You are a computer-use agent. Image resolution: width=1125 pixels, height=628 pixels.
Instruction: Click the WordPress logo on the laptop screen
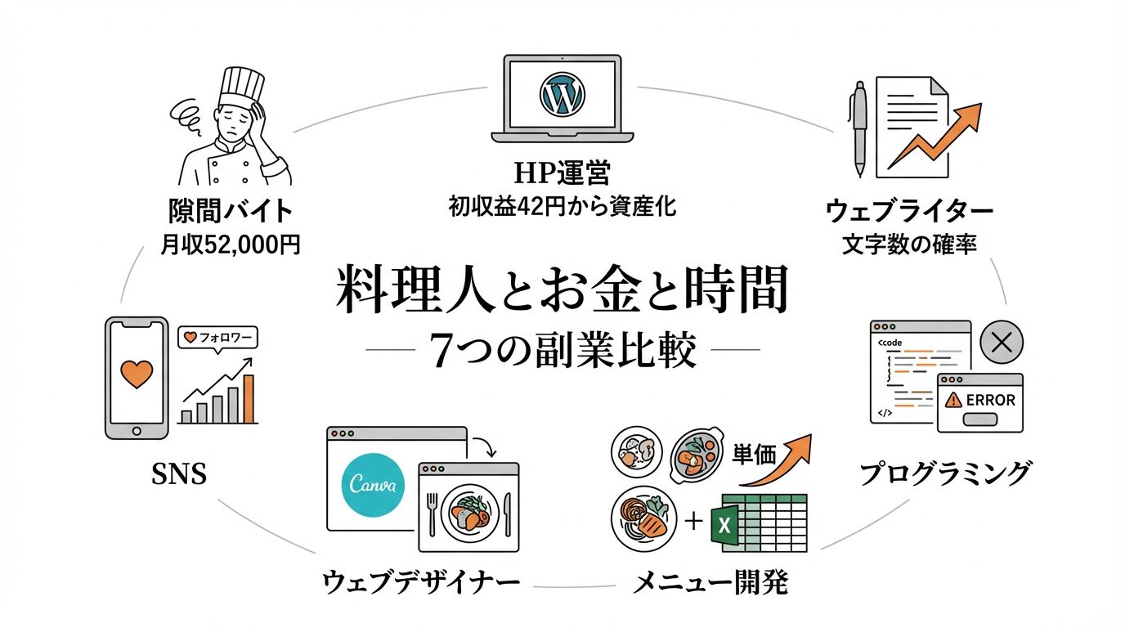pyautogui.click(x=562, y=94)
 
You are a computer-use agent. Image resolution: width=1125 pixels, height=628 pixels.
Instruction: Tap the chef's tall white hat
pyautogui.click(x=241, y=85)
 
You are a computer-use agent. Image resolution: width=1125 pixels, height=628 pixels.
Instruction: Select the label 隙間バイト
pyautogui.click(x=230, y=211)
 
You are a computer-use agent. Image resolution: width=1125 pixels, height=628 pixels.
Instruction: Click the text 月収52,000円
pyautogui.click(x=230, y=244)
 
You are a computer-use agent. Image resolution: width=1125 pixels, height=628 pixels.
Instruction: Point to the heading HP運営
pyautogui.click(x=562, y=173)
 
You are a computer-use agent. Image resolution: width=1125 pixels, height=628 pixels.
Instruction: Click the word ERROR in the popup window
pyautogui.click(x=990, y=400)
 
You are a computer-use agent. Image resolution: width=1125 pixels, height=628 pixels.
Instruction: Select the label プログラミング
pyautogui.click(x=944, y=473)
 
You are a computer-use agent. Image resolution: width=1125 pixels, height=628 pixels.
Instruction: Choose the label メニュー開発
pyautogui.click(x=711, y=583)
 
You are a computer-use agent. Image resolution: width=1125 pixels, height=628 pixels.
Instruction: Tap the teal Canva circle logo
pyautogui.click(x=373, y=484)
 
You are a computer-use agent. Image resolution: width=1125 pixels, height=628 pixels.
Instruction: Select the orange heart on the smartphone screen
pyautogui.click(x=137, y=375)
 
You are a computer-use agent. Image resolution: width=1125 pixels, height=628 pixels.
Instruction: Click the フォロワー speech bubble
pyautogui.click(x=217, y=337)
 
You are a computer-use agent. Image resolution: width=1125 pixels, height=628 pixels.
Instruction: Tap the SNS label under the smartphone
pyautogui.click(x=179, y=473)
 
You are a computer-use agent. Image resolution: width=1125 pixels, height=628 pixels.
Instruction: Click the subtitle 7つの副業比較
pyautogui.click(x=563, y=352)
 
